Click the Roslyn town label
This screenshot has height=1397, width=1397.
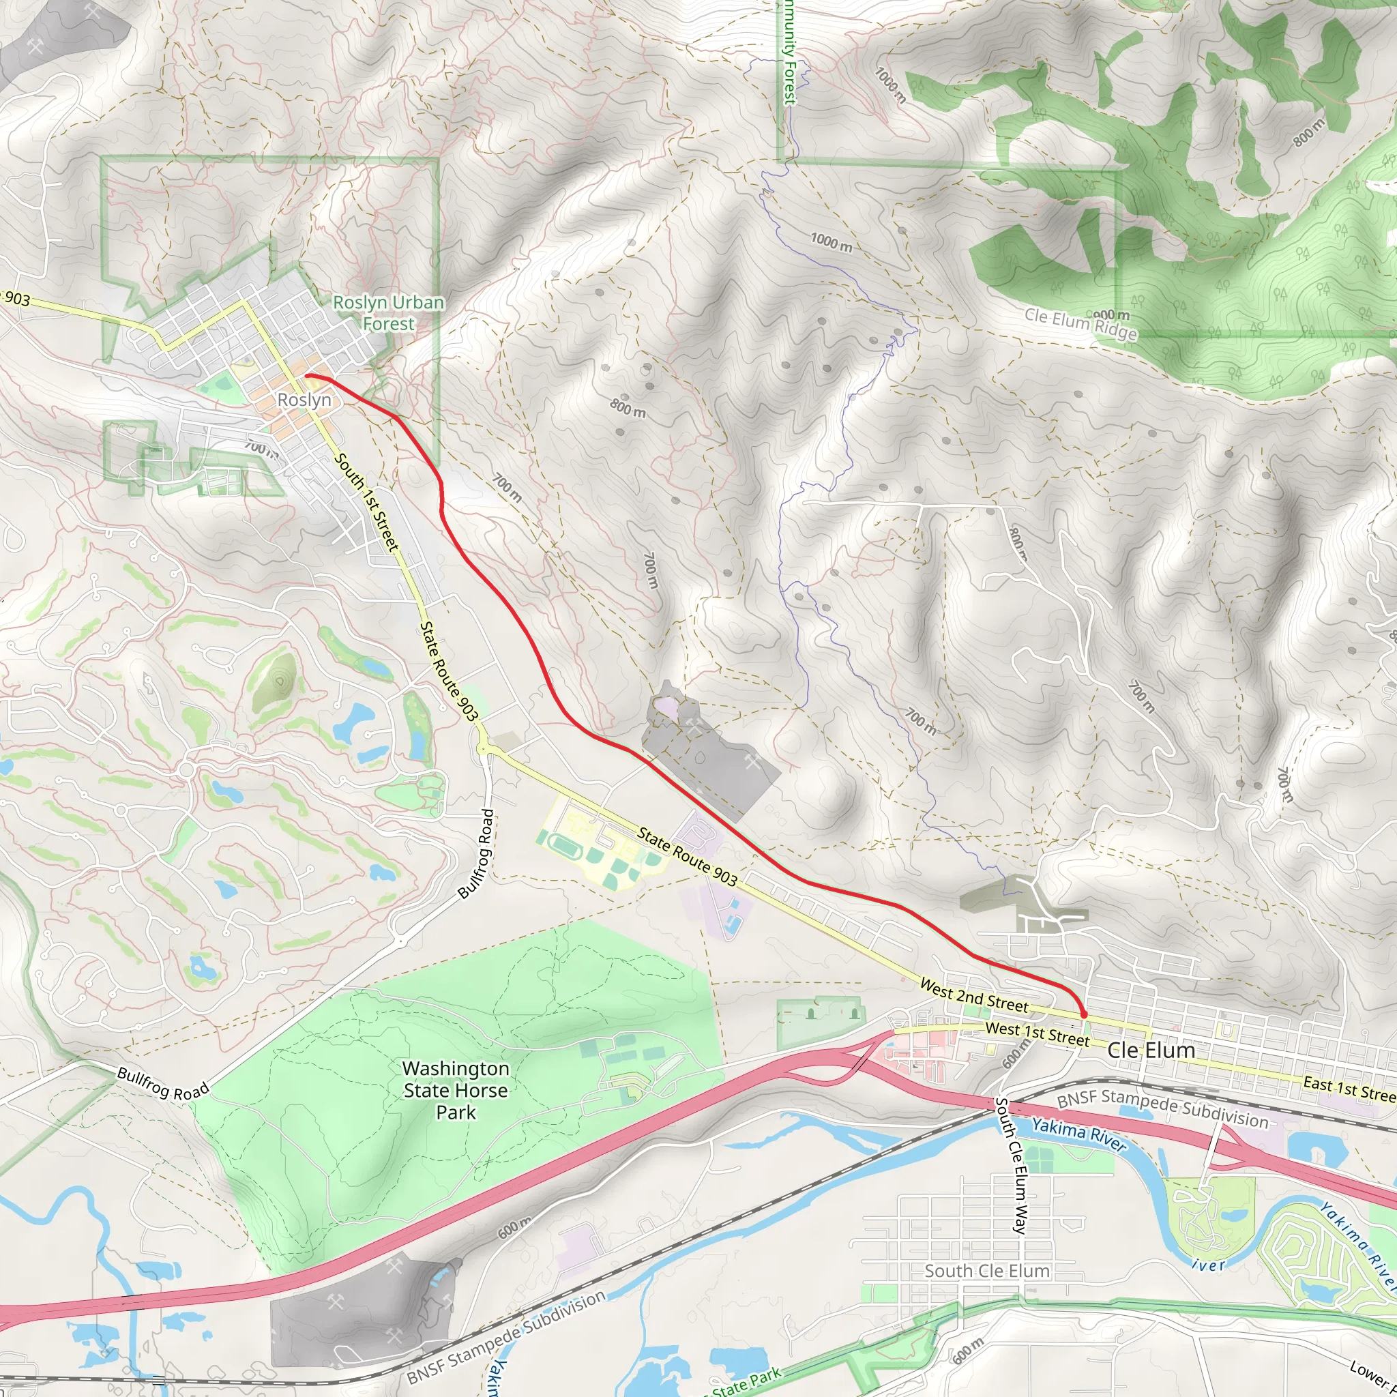pyautogui.click(x=304, y=400)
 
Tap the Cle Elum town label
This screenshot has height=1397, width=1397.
pyautogui.click(x=1151, y=1050)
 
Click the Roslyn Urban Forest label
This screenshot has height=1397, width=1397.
pyautogui.click(x=388, y=313)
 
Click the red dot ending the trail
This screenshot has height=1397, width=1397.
pyautogui.click(x=1083, y=1015)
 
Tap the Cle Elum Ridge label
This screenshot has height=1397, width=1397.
pyautogui.click(x=1080, y=324)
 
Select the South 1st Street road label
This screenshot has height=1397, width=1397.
pyautogui.click(x=366, y=503)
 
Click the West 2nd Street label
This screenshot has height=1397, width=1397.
pyautogui.click(x=973, y=997)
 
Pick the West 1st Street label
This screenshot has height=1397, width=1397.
pyautogui.click(x=1037, y=1034)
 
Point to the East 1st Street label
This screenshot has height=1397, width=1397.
pyautogui.click(x=1349, y=1089)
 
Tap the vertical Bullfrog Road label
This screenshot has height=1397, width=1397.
pyautogui.click(x=477, y=854)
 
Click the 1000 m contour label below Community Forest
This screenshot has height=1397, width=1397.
pyautogui.click(x=831, y=242)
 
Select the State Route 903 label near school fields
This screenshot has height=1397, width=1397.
pyautogui.click(x=687, y=857)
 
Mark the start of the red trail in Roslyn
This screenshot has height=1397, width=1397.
pyautogui.click(x=306, y=376)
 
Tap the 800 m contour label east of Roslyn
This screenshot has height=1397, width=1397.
pyautogui.click(x=628, y=409)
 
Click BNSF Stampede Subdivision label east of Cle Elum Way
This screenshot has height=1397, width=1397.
pyautogui.click(x=1162, y=1111)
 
